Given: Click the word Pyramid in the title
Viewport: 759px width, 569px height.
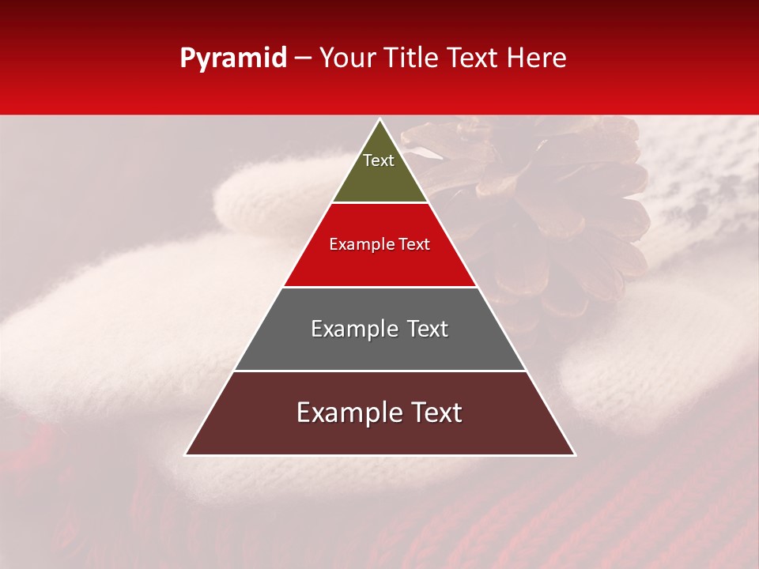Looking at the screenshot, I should pyautogui.click(x=232, y=58).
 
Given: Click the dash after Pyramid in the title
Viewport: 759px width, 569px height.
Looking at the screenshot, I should pyautogui.click(x=302, y=58).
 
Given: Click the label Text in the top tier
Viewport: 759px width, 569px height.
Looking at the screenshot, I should pyautogui.click(x=379, y=160).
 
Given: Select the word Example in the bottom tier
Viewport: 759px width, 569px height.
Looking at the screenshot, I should pyautogui.click(x=346, y=413).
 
